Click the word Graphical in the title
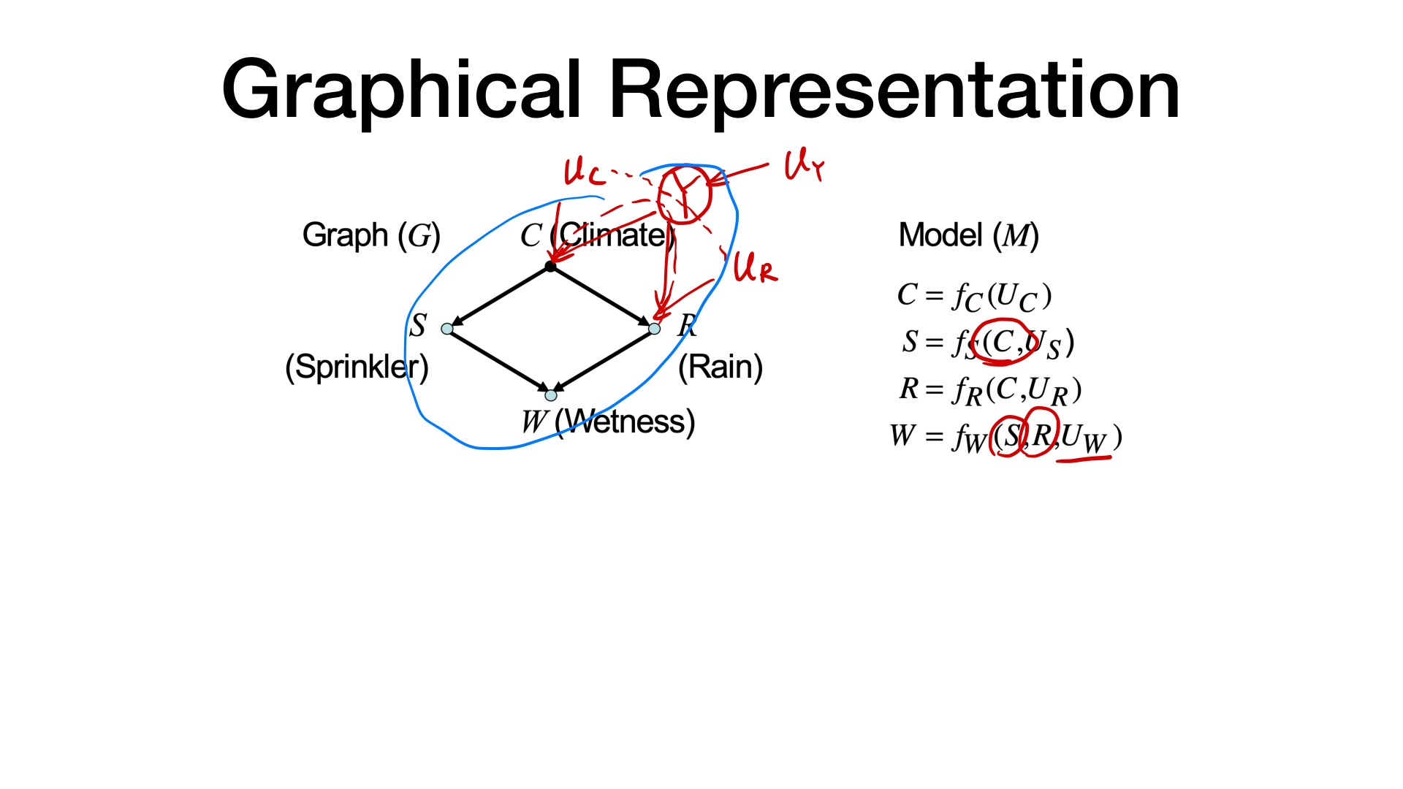[x=401, y=91]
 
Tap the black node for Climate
[x=551, y=267]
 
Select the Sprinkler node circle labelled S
[x=447, y=329]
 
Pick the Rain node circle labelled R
[x=655, y=329]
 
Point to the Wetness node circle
[x=551, y=395]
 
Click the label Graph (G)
[x=371, y=235]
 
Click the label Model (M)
[x=968, y=235]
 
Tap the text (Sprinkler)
[x=357, y=367]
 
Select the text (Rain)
[x=720, y=367]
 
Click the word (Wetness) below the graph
[x=625, y=422]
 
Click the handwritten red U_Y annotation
[x=803, y=166]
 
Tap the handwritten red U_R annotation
[x=755, y=267]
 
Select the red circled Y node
[x=684, y=194]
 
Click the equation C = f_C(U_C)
[x=974, y=296]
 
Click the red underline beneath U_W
[x=1084, y=460]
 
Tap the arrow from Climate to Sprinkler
[x=501, y=297]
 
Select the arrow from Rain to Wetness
[x=604, y=361]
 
